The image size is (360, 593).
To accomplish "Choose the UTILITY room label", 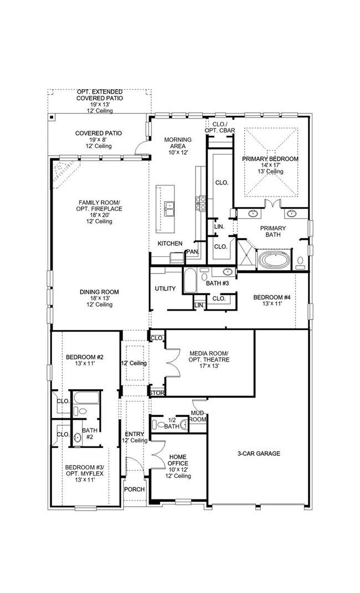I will (165, 288).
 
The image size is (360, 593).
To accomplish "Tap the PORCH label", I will (134, 489).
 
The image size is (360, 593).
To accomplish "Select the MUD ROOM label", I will (198, 417).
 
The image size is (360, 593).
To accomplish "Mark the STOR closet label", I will (157, 393).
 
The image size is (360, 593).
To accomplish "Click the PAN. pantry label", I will (192, 252).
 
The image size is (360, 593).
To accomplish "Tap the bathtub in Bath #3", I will (189, 281).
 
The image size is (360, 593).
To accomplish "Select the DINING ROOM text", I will (99, 292).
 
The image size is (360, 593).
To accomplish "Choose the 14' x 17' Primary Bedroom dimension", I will (270, 166).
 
